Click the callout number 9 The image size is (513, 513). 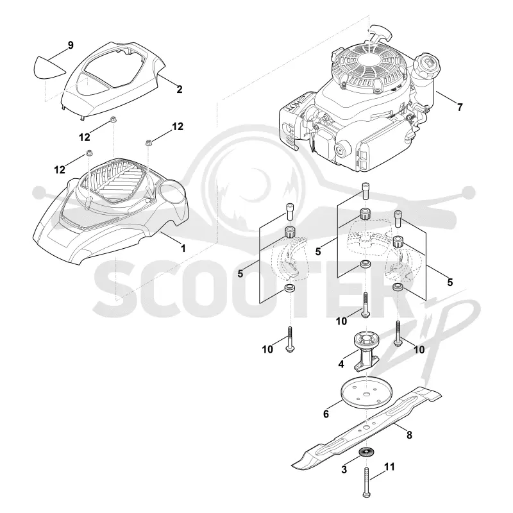click(x=71, y=45)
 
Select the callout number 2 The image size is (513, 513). click(x=180, y=89)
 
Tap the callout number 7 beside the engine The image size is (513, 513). click(x=460, y=107)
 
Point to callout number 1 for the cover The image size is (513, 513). click(x=183, y=249)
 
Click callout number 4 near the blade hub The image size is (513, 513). click(x=341, y=364)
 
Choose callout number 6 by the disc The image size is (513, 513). click(x=326, y=414)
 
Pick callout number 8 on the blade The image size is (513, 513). click(x=409, y=435)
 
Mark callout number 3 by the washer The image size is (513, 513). click(x=344, y=470)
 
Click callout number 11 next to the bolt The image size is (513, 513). click(x=389, y=467)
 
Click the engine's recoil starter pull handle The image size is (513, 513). click(x=382, y=32)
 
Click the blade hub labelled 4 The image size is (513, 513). click(x=366, y=351)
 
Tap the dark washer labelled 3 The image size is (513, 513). click(x=366, y=453)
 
